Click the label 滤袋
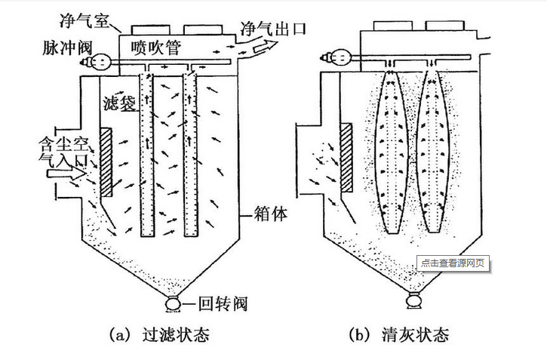(x=121, y=104)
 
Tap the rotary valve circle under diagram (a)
(x=173, y=304)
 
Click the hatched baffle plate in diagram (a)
(x=106, y=162)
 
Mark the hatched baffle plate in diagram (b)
(x=347, y=158)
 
